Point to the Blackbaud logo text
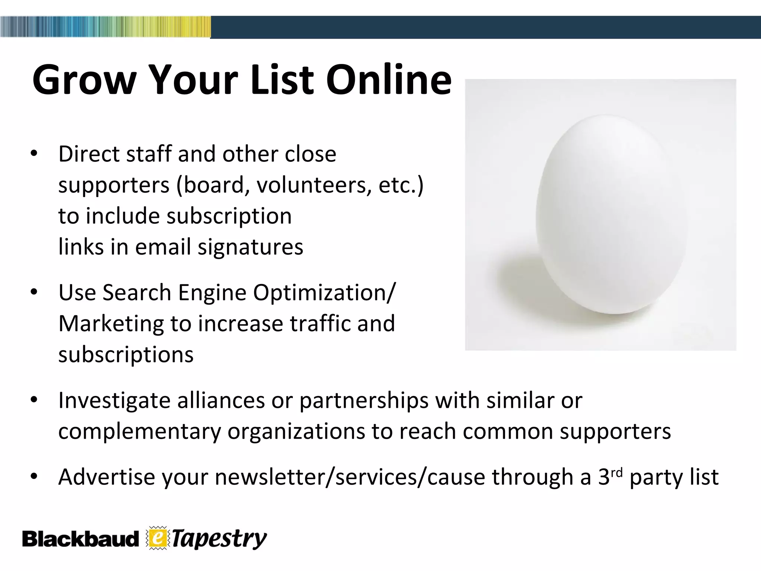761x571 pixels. [x=80, y=539]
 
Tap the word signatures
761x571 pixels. [x=250, y=247]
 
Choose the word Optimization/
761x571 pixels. [x=324, y=293]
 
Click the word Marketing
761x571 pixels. [x=111, y=323]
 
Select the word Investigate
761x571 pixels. [x=114, y=401]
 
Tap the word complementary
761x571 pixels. [x=139, y=432]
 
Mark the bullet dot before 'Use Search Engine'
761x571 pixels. [x=34, y=293]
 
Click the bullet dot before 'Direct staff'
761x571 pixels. [x=34, y=154]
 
